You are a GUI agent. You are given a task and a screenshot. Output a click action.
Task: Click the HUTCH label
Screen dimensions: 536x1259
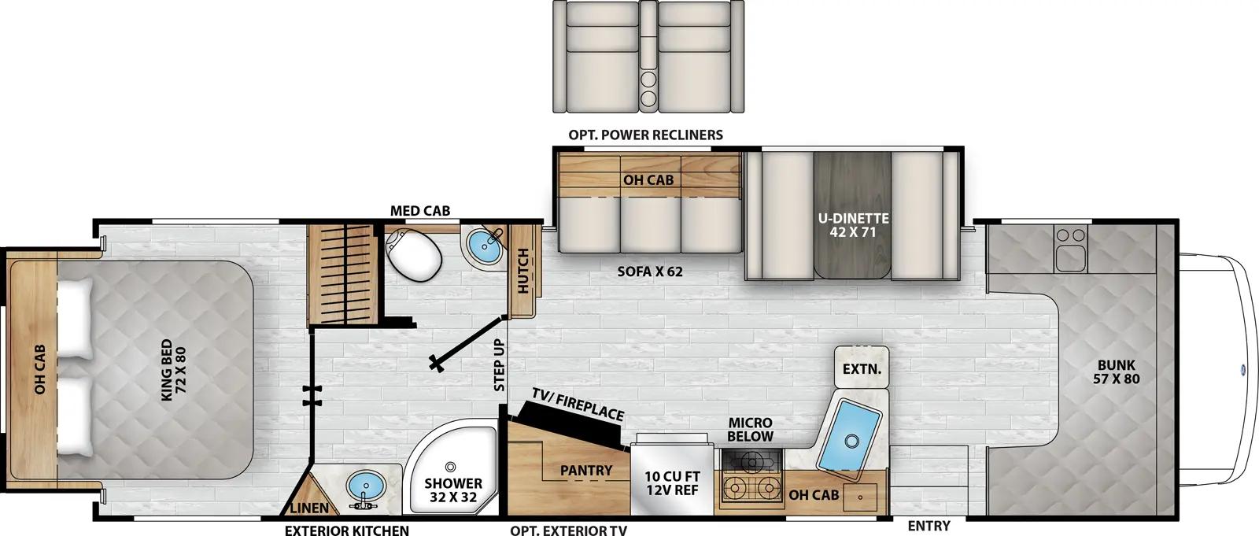click(523, 272)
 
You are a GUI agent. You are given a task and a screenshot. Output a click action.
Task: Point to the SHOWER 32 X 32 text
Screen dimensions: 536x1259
click(453, 490)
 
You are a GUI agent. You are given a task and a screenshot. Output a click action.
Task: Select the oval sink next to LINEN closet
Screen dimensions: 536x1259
click(364, 486)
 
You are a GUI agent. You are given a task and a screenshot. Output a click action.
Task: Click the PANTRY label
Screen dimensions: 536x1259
click(586, 471)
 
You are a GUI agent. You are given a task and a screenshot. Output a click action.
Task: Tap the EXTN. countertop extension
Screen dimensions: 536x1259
click(861, 368)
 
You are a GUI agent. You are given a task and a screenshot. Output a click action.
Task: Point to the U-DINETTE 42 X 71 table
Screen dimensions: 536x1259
click(852, 225)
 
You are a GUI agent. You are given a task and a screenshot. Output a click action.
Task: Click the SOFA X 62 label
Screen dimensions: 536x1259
click(649, 273)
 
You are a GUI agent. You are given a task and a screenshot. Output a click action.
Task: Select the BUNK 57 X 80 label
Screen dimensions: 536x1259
click(1115, 372)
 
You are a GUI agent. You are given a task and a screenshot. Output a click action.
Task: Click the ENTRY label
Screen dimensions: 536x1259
click(929, 526)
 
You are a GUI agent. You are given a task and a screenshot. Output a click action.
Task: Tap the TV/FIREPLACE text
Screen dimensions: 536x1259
click(578, 404)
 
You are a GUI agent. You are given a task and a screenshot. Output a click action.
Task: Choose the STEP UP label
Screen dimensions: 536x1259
click(499, 365)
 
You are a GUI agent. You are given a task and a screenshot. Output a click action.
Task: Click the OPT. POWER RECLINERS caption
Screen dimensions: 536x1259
click(645, 135)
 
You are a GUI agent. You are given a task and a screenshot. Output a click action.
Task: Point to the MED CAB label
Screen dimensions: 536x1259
click(420, 210)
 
